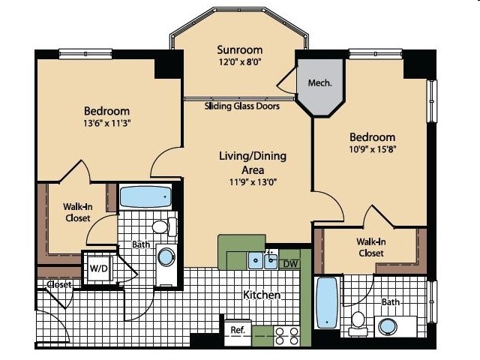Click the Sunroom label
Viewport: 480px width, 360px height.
tap(240, 49)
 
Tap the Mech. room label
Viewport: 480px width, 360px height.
tap(319, 82)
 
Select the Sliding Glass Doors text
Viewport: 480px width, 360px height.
tap(241, 106)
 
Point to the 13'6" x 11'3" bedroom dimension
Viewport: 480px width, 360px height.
tap(107, 123)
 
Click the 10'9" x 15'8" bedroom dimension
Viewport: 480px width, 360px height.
tap(373, 149)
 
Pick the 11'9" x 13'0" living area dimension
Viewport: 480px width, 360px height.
tap(253, 182)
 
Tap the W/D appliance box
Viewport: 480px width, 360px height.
tap(98, 268)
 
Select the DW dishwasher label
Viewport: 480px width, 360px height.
tap(290, 263)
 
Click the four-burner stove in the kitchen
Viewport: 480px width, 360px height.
tap(286, 336)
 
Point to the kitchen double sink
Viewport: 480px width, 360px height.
tap(262, 261)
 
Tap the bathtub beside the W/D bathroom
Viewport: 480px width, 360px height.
tap(145, 196)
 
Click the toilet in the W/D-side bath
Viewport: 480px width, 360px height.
tap(164, 226)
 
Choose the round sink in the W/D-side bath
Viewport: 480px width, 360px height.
tap(166, 257)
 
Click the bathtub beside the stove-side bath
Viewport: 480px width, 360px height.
tap(327, 302)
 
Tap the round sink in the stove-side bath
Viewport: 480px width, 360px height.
tap(388, 327)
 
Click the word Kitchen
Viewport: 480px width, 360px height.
tap(262, 295)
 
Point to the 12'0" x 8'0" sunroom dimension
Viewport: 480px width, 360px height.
tap(240, 62)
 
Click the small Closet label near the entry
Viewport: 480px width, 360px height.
tap(59, 284)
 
